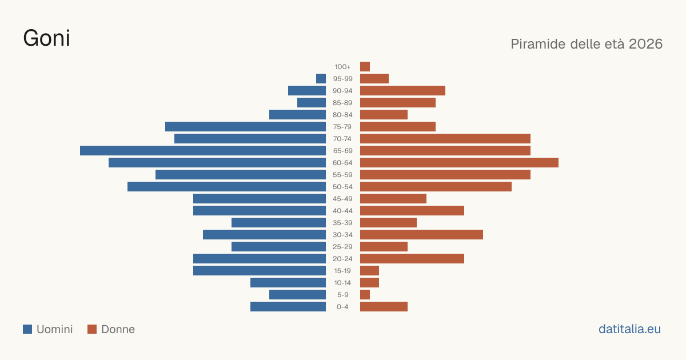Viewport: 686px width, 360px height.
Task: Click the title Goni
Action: [x=46, y=38]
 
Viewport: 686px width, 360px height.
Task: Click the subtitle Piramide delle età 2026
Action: [x=587, y=44]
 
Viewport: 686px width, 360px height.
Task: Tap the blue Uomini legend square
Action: [x=27, y=329]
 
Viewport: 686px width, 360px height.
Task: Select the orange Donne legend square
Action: [x=92, y=329]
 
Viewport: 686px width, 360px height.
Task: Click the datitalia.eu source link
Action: [x=629, y=329]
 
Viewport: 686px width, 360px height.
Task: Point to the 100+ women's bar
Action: [x=365, y=66]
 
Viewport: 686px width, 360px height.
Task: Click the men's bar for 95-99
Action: [x=321, y=78]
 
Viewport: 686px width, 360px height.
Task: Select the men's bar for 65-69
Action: [x=203, y=151]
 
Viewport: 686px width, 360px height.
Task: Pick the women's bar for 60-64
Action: [x=460, y=162]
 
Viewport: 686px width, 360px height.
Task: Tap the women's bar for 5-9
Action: [x=365, y=294]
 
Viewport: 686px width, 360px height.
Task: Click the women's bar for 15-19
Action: [x=370, y=271]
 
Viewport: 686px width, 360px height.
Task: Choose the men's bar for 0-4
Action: [x=288, y=306]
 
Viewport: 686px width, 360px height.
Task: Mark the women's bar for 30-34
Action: [x=421, y=234]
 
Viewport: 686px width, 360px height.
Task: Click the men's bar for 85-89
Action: [x=312, y=102]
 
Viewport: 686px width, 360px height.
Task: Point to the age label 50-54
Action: [x=342, y=187]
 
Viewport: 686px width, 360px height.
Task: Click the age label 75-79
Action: [x=342, y=127]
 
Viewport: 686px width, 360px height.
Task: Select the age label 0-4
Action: [x=342, y=307]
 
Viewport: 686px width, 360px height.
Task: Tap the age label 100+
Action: [x=342, y=67]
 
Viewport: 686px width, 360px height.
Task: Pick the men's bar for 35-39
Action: [x=279, y=222]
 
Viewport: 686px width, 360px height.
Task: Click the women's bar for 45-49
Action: [x=393, y=199]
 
